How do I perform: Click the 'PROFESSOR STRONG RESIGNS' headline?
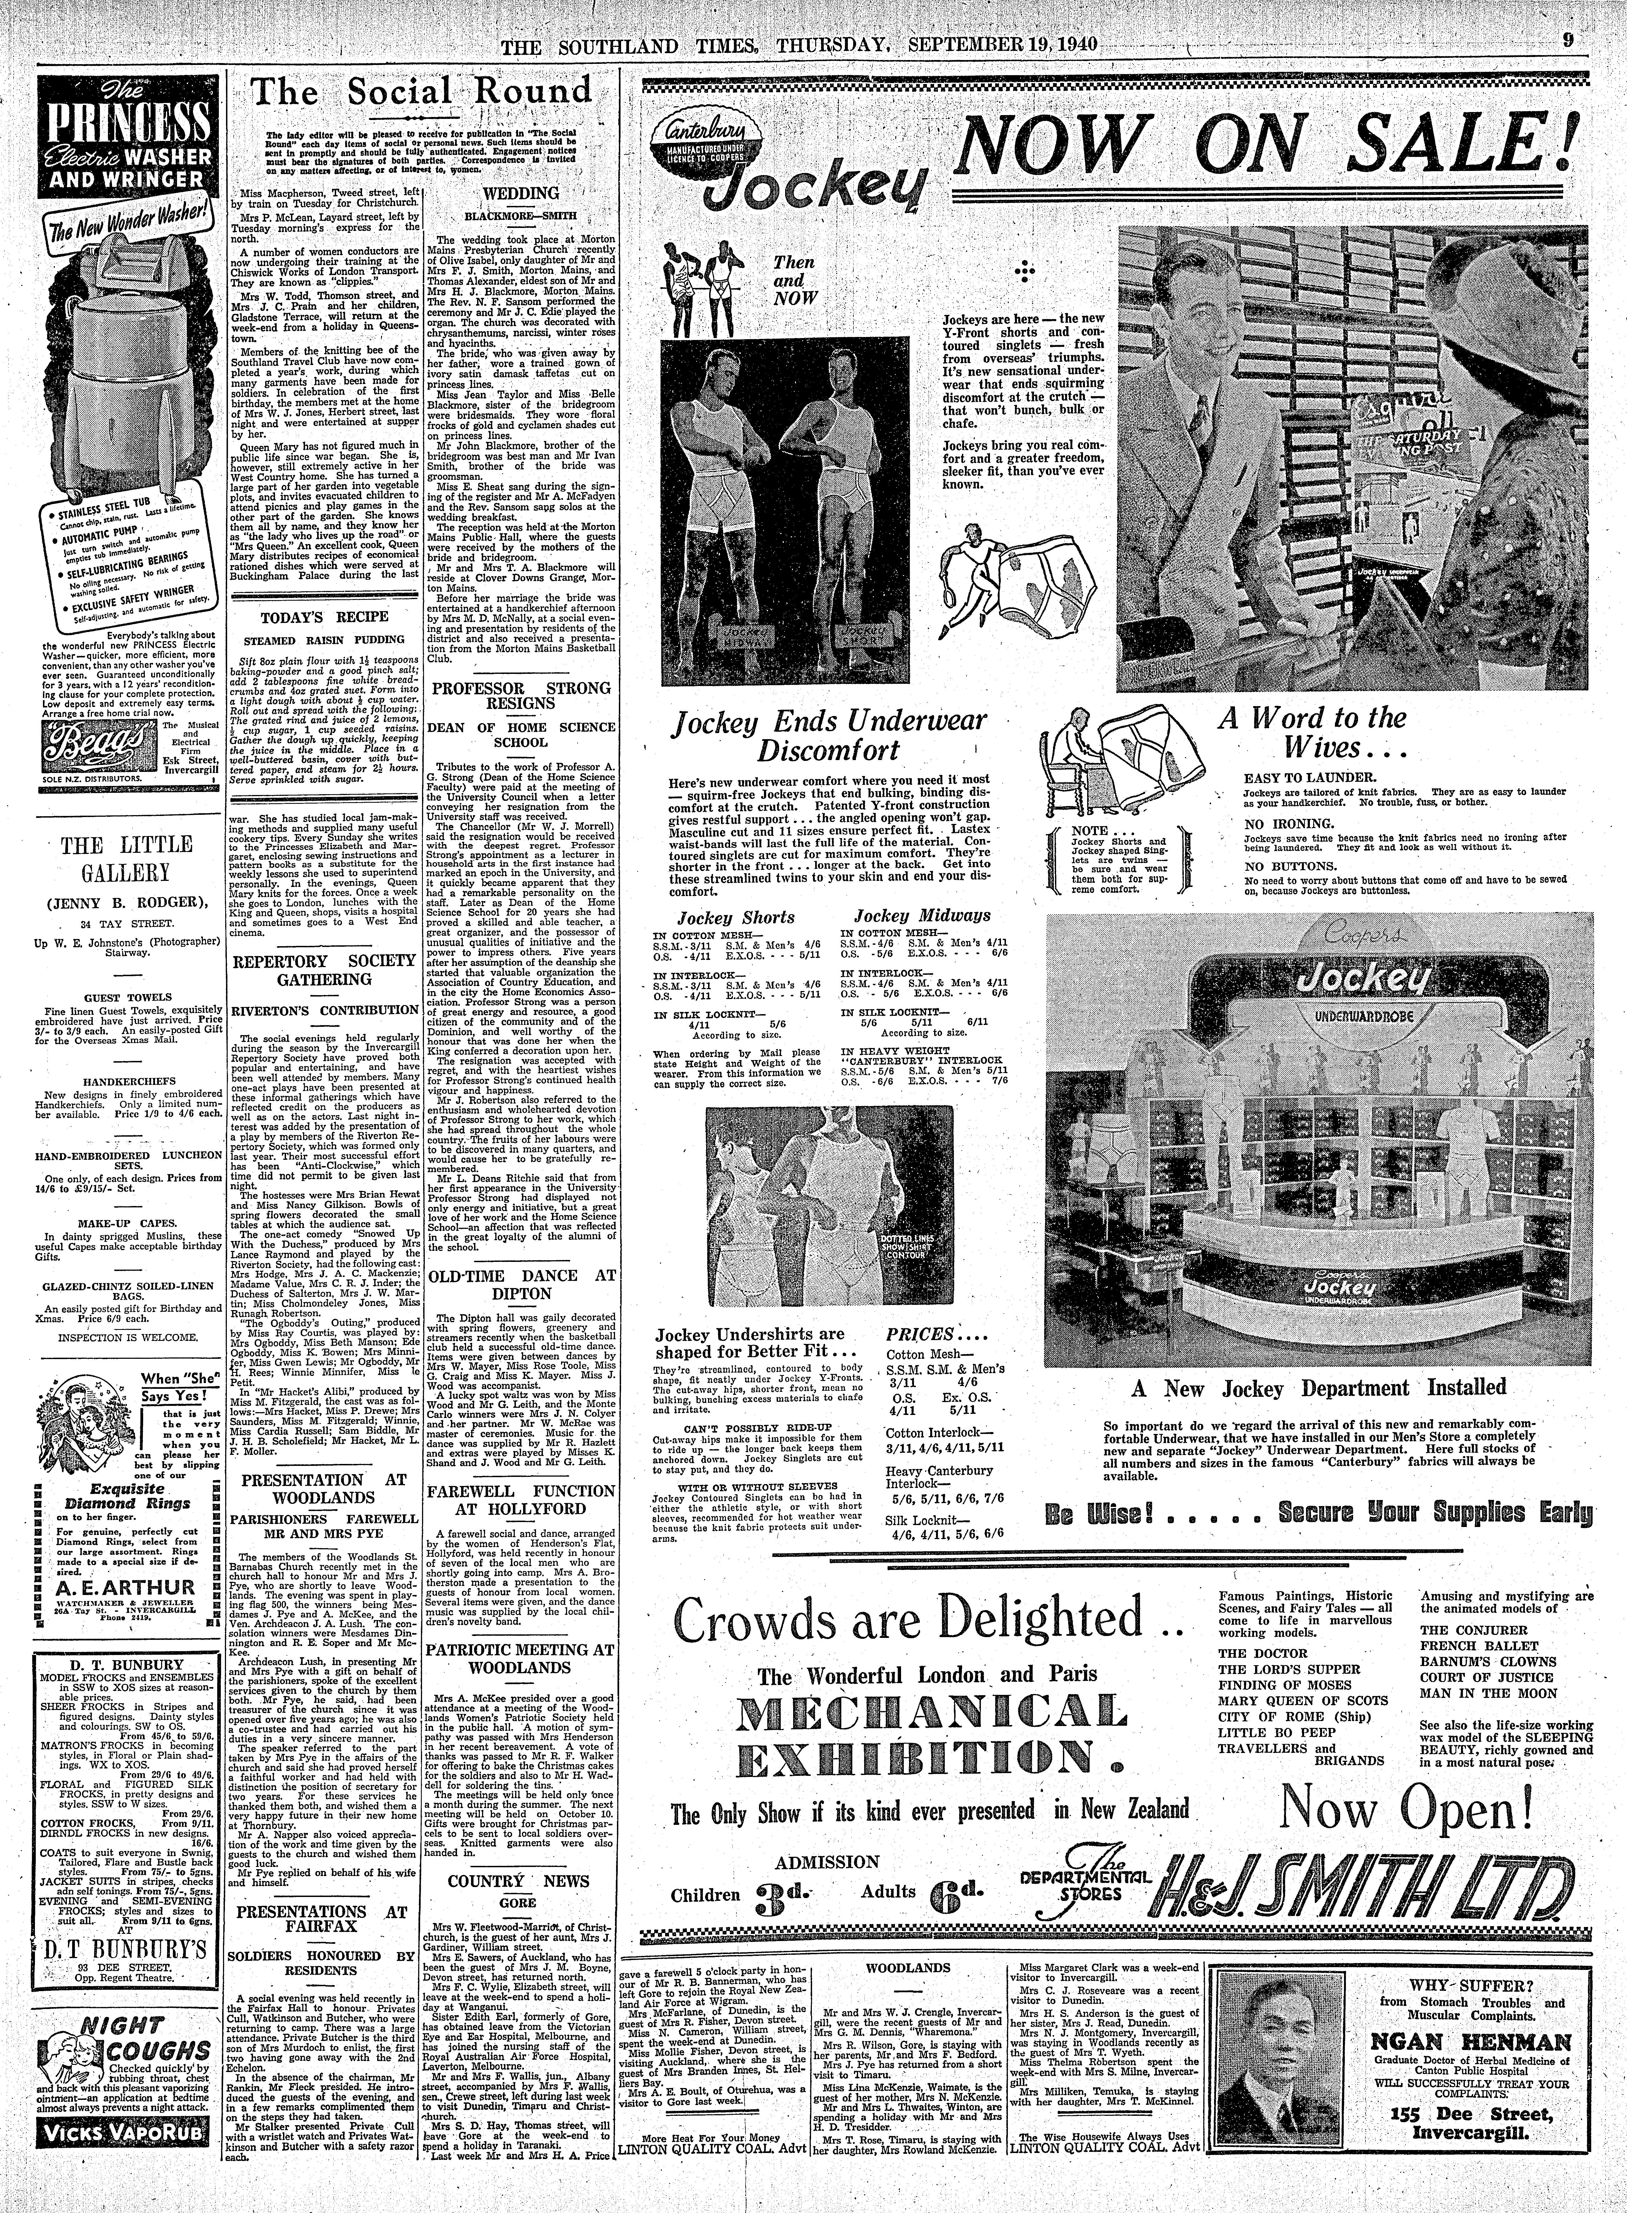(x=523, y=695)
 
